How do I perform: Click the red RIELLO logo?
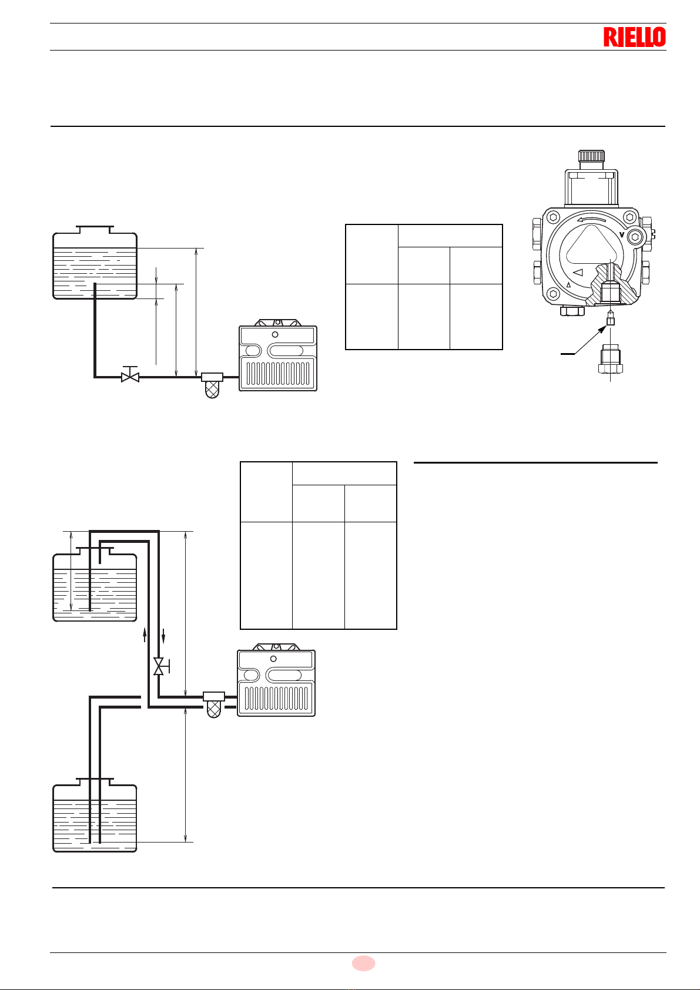pos(634,37)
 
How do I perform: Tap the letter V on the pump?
pos(622,234)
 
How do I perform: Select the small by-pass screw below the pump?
pos(611,320)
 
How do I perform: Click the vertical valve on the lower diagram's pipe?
pos(159,666)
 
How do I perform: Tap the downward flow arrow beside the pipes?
pos(163,635)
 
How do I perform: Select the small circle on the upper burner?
pos(274,334)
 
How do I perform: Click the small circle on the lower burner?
pos(273,659)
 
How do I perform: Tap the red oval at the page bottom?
pos(363,963)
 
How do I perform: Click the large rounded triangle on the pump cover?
pos(589,247)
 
